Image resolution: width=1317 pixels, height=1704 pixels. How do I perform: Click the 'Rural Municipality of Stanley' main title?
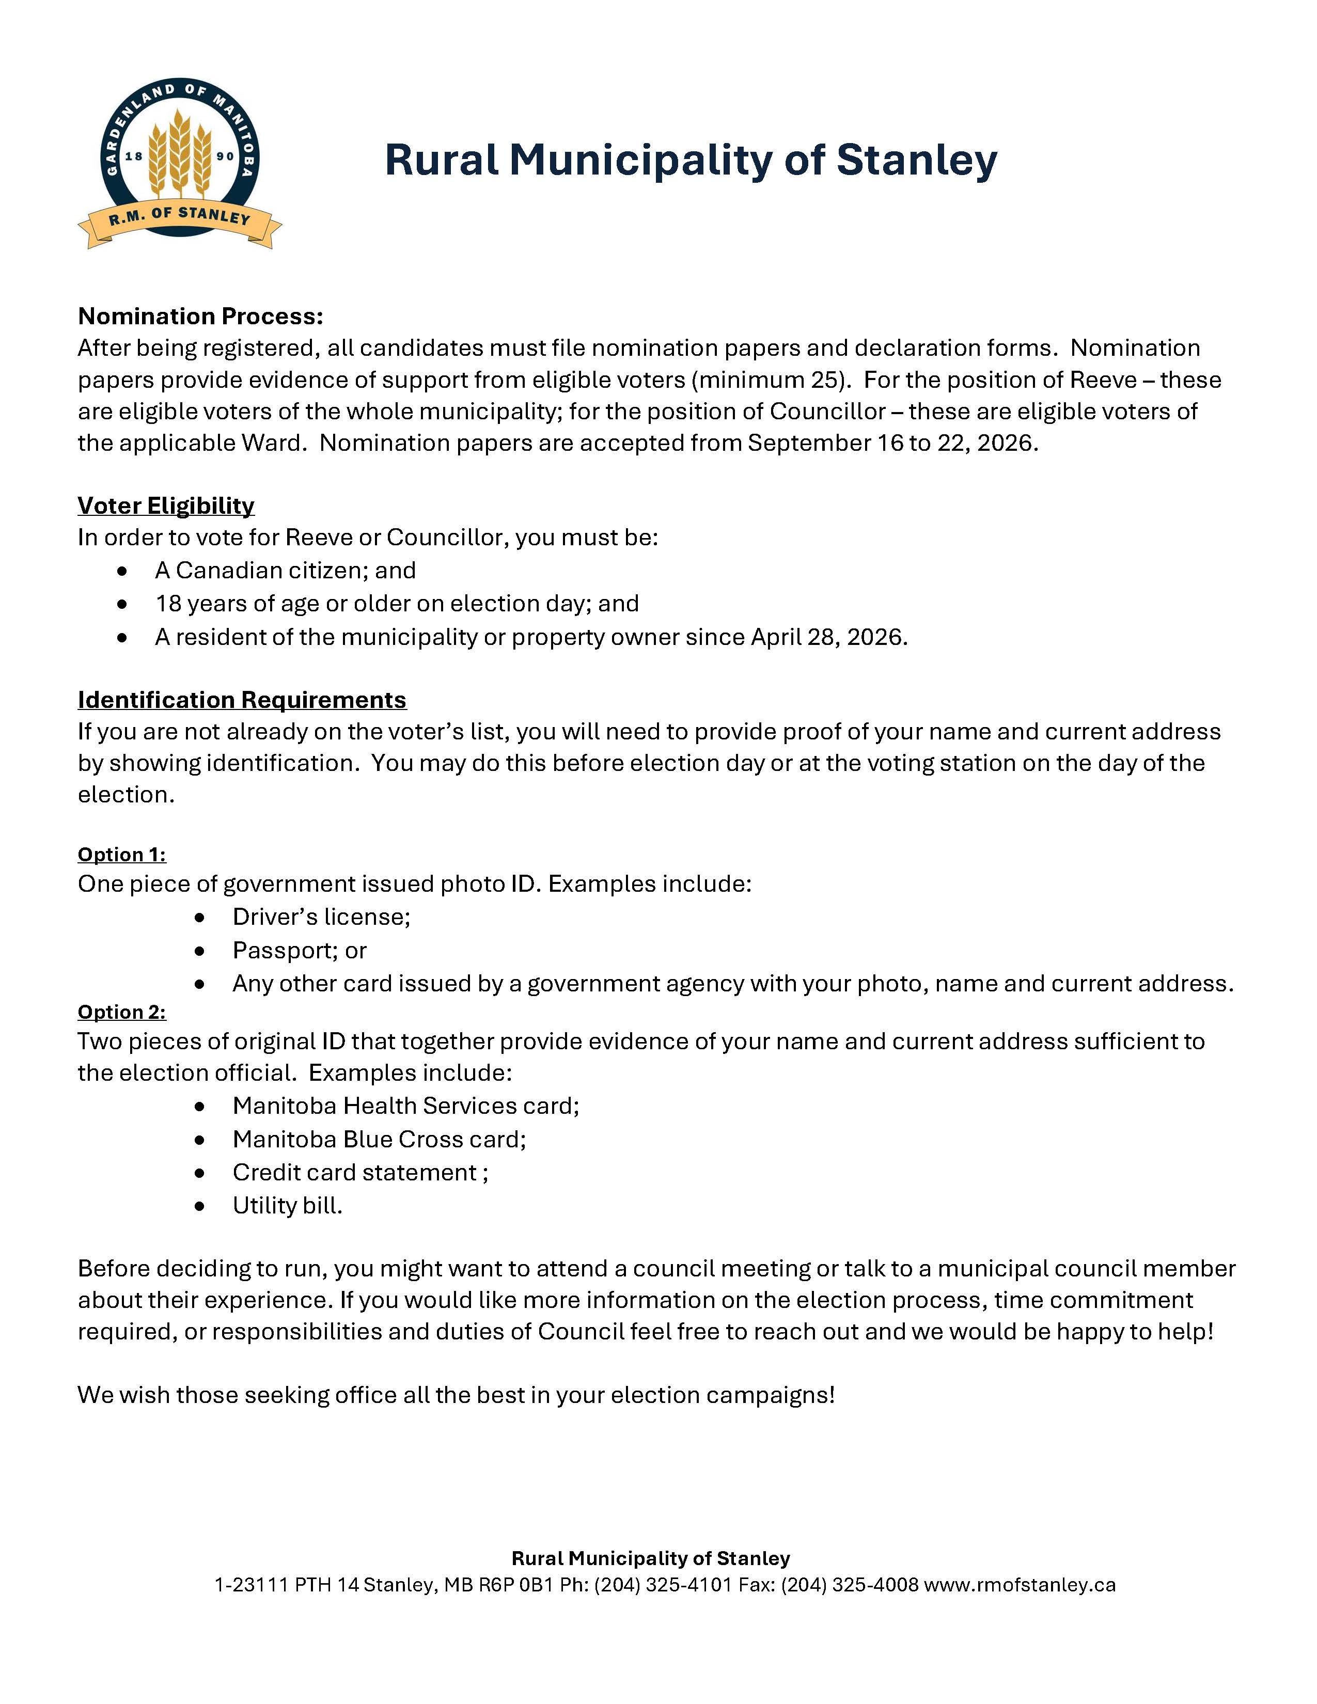pos(691,160)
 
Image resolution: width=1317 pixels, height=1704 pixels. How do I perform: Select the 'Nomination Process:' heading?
pos(200,316)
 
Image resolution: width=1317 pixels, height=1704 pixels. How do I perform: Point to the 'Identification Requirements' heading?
pos(242,700)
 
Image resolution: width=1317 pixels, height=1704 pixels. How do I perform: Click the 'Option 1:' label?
pos(122,855)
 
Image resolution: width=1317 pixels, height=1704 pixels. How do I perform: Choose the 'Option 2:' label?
pos(122,1012)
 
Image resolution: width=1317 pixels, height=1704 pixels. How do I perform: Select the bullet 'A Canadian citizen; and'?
pos(285,571)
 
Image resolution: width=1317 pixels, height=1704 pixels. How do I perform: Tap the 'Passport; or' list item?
pos(300,950)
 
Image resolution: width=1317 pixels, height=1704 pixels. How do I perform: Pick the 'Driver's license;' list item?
pos(321,917)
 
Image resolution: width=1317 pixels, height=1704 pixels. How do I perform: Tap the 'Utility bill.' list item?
pos(287,1206)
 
